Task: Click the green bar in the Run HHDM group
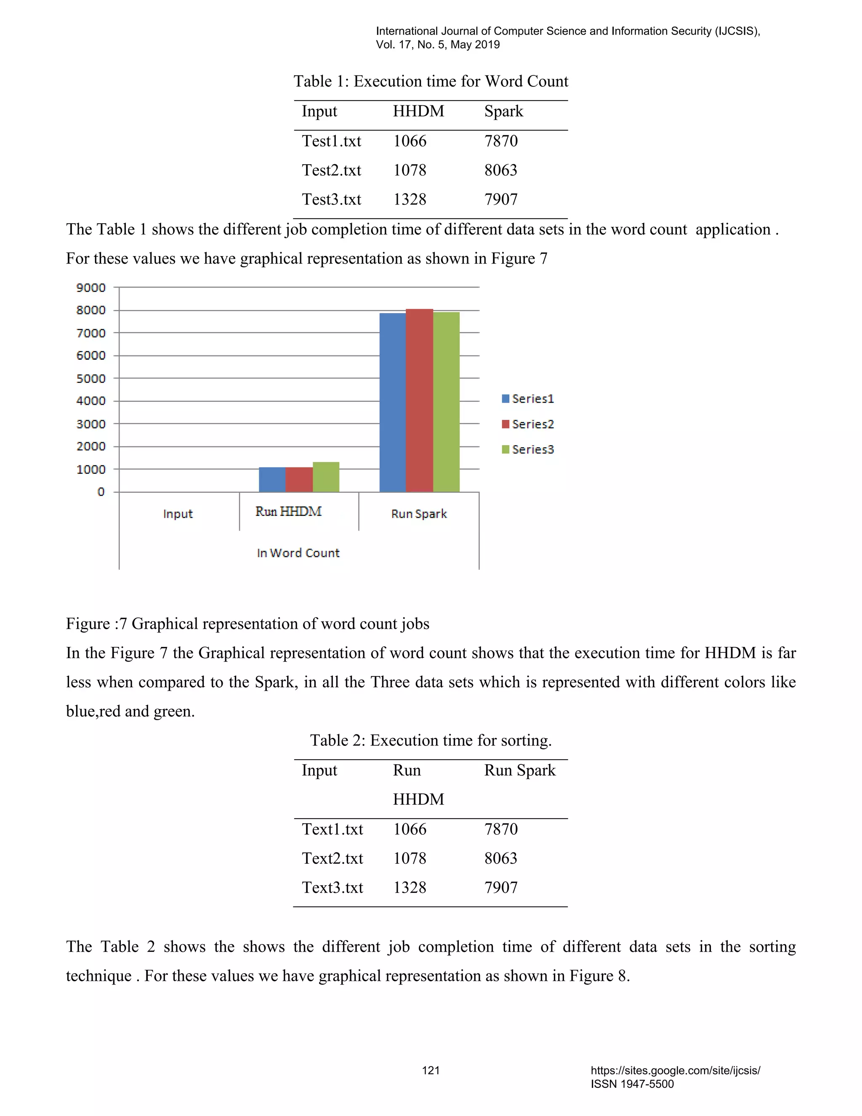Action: pyautogui.click(x=326, y=477)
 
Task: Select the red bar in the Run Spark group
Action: pyautogui.click(x=419, y=400)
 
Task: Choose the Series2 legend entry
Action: pyautogui.click(x=528, y=424)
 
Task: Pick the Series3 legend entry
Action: pyautogui.click(x=528, y=450)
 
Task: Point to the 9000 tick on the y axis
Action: pyautogui.click(x=91, y=288)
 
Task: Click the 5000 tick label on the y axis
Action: pyautogui.click(x=91, y=379)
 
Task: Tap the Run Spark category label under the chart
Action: pyautogui.click(x=419, y=514)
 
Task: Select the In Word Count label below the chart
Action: pyautogui.click(x=298, y=553)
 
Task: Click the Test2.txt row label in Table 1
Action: pyautogui.click(x=331, y=170)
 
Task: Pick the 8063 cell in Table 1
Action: pyautogui.click(x=500, y=170)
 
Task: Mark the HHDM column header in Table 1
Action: pyautogui.click(x=418, y=112)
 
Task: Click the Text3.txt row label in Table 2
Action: pyautogui.click(x=332, y=888)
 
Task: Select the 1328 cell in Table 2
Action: pyautogui.click(x=410, y=888)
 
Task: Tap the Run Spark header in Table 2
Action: pyautogui.click(x=519, y=770)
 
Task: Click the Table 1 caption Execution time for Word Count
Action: pyautogui.click(x=431, y=81)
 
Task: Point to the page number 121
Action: pyautogui.click(x=431, y=1071)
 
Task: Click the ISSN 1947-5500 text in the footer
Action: pyautogui.click(x=632, y=1084)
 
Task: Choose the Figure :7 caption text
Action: pyautogui.click(x=247, y=624)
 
